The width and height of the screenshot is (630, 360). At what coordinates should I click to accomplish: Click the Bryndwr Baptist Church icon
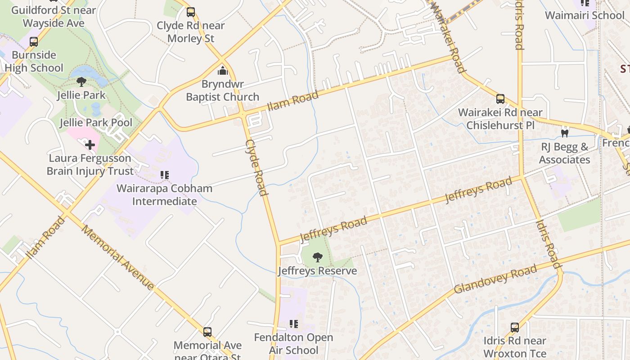pos(222,71)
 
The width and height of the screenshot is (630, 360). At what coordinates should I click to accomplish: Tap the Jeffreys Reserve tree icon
pos(317,257)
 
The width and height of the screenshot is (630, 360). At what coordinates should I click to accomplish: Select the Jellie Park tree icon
pos(81,82)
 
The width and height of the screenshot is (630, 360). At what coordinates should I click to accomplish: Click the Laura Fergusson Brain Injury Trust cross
pos(90,145)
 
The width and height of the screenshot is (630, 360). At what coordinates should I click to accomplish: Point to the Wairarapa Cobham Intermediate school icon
pos(165,175)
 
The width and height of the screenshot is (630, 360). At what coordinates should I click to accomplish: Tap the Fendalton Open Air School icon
pos(294,324)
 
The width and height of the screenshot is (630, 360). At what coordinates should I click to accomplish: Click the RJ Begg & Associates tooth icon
pos(564,133)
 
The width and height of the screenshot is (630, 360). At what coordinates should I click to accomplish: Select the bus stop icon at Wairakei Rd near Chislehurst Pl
pos(500,99)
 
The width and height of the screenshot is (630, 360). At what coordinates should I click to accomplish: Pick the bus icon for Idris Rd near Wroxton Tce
pos(515,328)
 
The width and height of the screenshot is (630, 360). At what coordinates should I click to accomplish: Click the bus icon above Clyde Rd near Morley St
pos(191,12)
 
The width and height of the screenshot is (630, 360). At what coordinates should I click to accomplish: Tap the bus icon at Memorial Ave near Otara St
pos(207,332)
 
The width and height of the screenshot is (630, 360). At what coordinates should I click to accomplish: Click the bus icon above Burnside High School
pos(34,42)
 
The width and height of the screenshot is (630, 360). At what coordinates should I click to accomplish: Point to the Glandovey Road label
pos(495,279)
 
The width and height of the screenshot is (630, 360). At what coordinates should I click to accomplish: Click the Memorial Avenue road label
pos(118,257)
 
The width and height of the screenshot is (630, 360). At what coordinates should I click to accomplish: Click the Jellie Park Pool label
pos(96,122)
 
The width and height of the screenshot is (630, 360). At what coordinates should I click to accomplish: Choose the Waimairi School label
pos(585,15)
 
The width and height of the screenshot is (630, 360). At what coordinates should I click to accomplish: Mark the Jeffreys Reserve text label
pos(317,271)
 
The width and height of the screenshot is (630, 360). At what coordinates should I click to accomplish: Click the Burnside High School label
pos(34,62)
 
